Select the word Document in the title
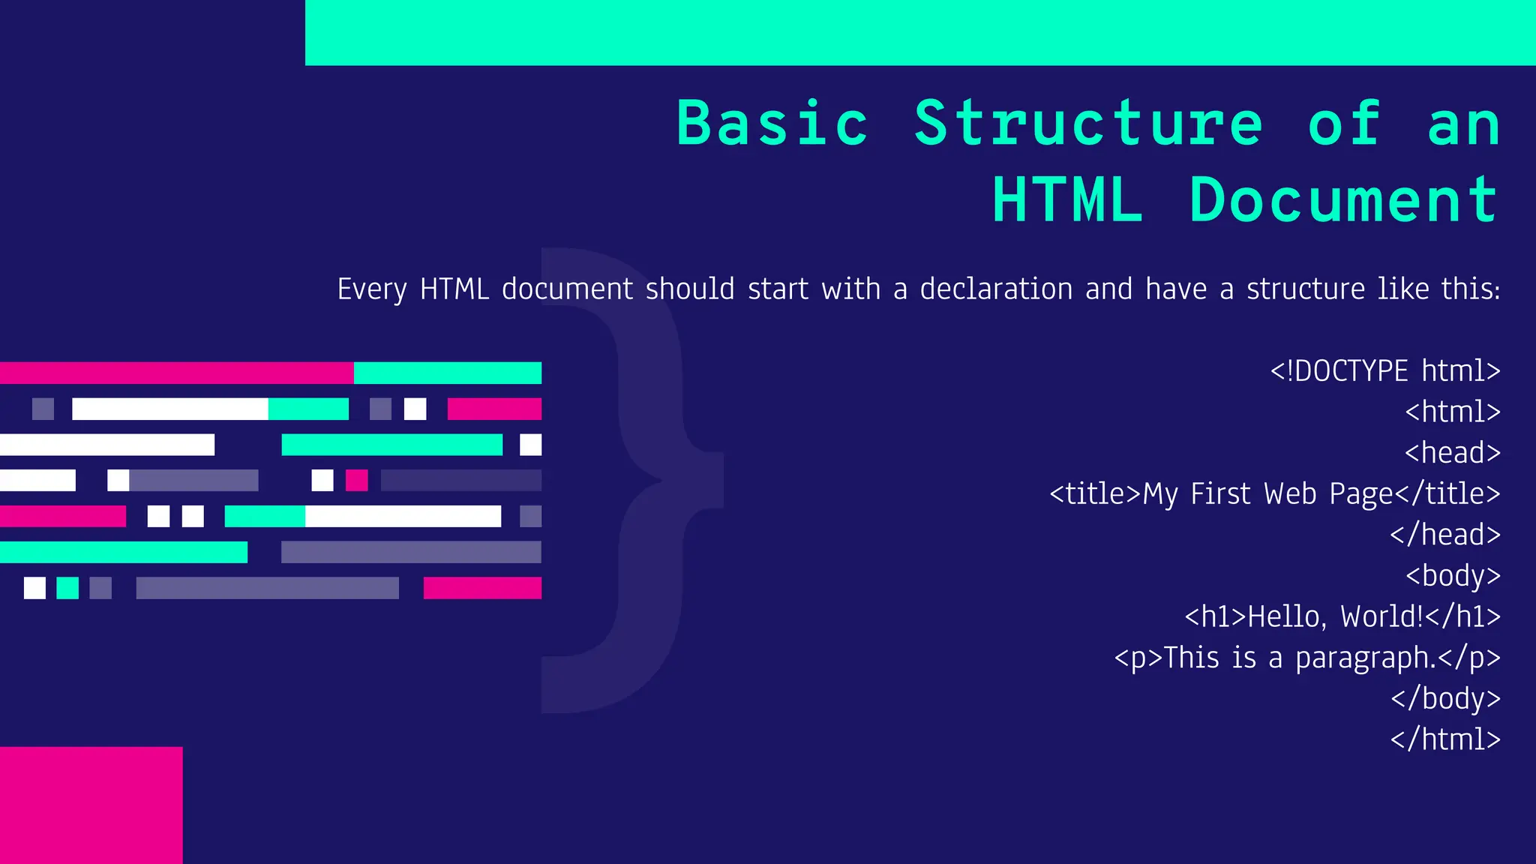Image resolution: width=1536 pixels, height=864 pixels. click(1344, 201)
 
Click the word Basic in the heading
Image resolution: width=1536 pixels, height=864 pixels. click(772, 124)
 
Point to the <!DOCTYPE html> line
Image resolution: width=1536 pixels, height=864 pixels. click(1384, 371)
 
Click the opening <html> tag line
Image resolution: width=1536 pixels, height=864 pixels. click(1453, 412)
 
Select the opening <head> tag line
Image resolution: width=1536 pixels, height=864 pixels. click(1453, 453)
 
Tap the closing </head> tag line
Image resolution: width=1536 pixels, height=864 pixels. click(1445, 535)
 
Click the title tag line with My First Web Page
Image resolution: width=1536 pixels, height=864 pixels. click(1275, 494)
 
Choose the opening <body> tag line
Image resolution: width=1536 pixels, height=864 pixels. click(1453, 576)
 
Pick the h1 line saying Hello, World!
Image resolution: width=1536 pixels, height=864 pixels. click(1342, 617)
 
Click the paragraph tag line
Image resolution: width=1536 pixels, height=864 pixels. click(1307, 658)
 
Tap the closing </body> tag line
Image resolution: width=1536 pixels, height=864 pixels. click(1445, 699)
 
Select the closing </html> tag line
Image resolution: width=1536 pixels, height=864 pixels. click(1445, 739)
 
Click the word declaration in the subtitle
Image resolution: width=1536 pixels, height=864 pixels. click(996, 289)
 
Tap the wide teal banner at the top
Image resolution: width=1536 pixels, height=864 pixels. click(920, 32)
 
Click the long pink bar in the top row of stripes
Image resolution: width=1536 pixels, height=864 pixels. click(176, 373)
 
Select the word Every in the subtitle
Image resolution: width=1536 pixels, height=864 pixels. click(372, 289)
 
